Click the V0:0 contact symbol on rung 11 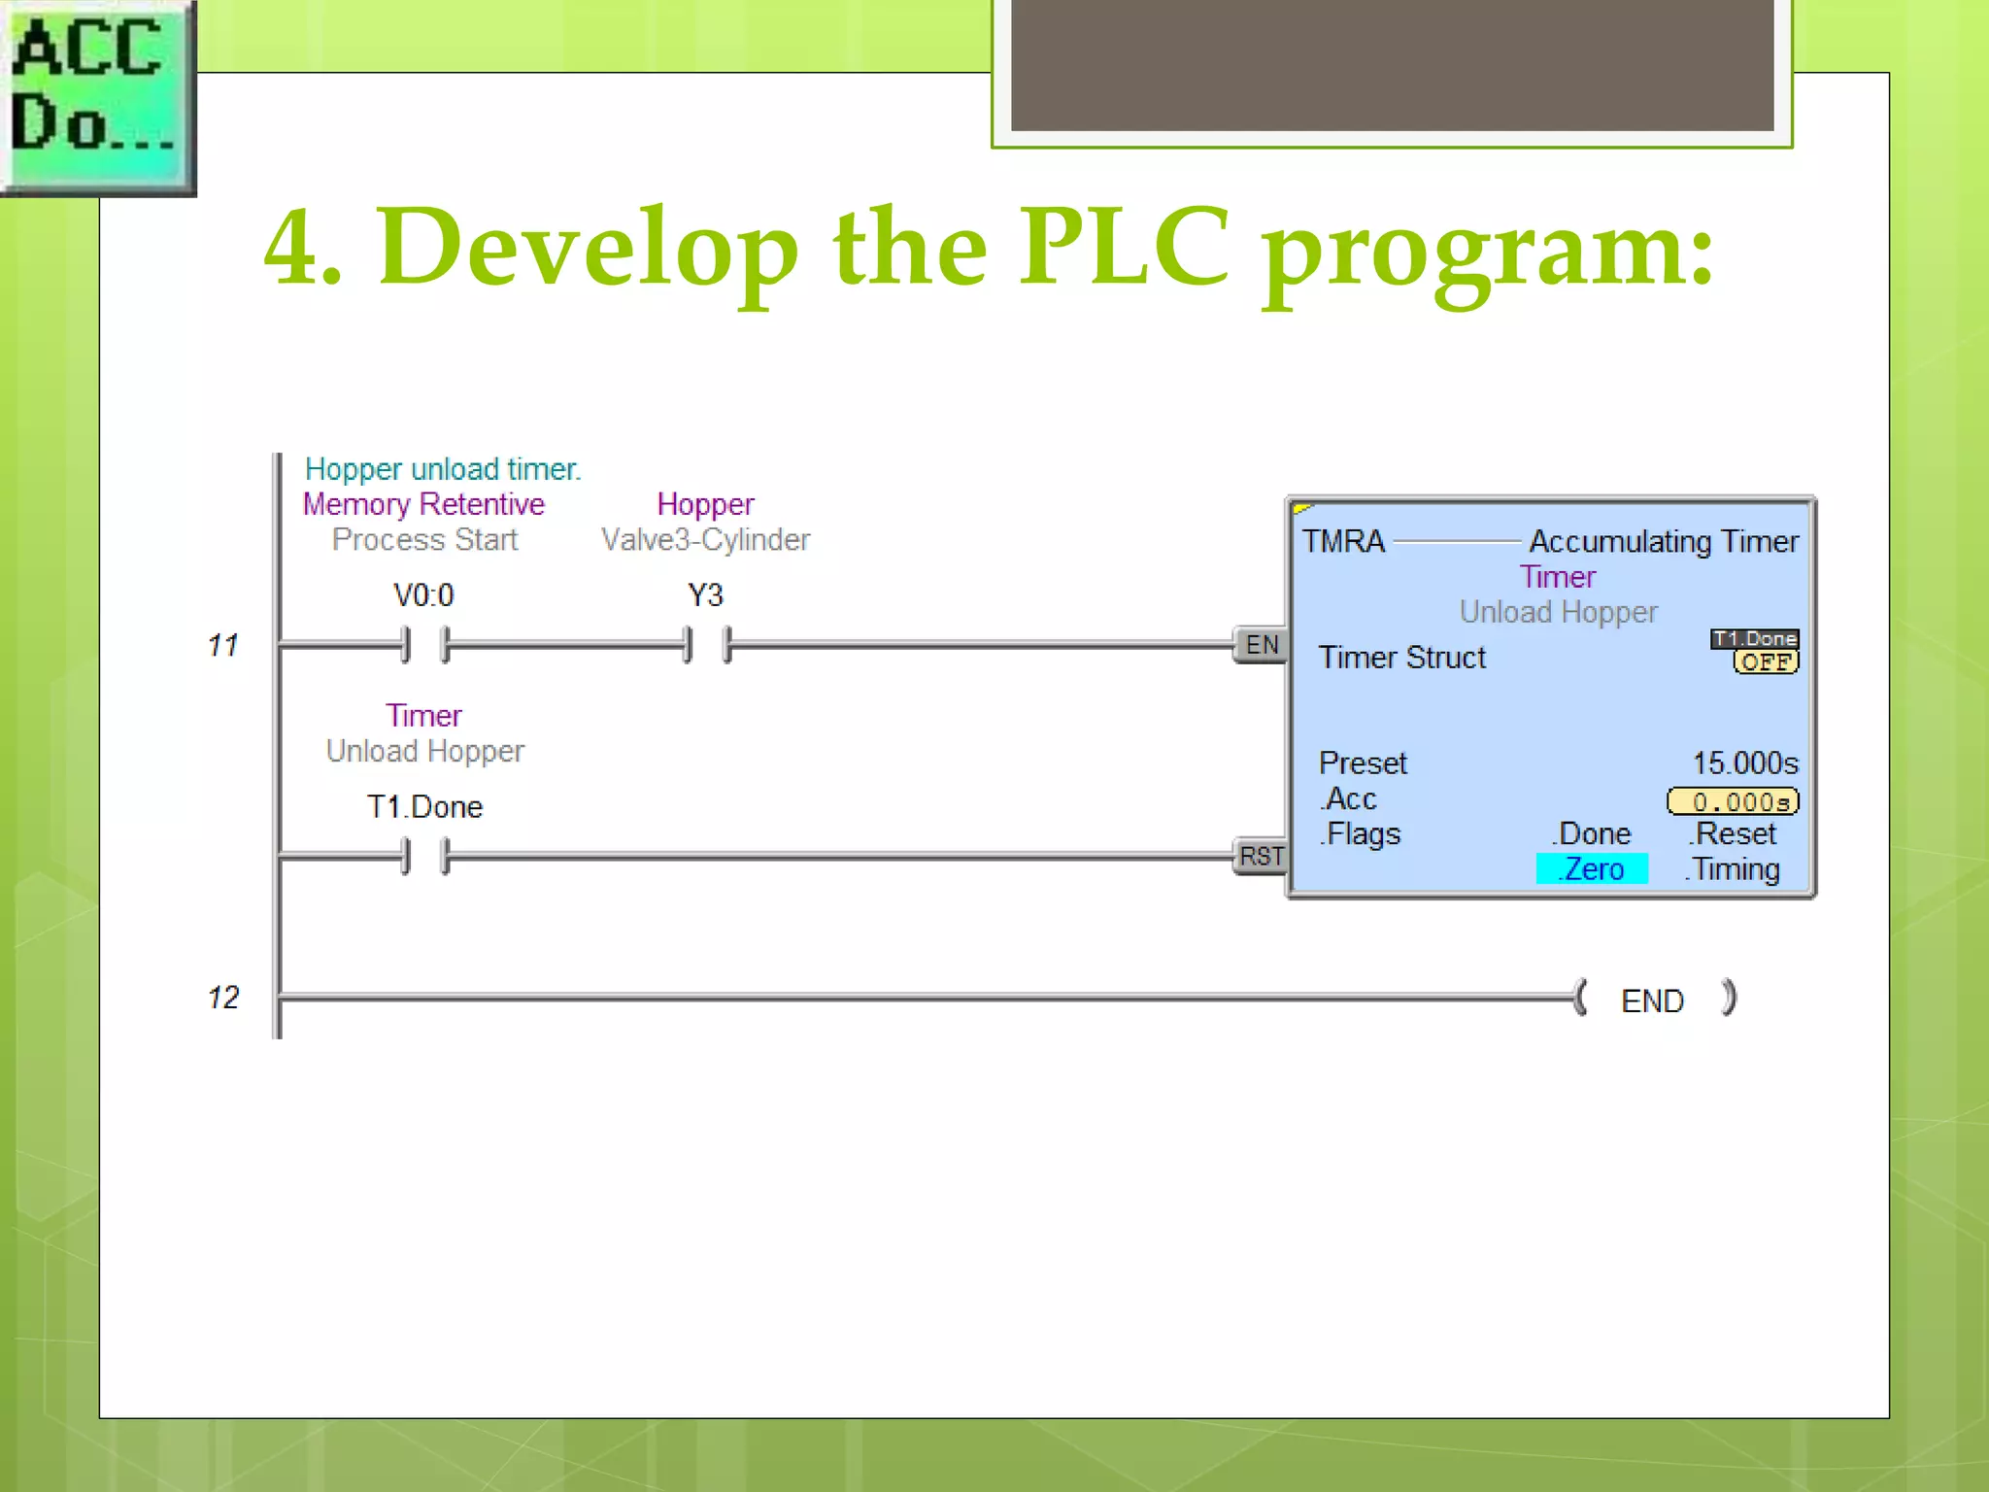[x=424, y=644]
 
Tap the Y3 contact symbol [x=706, y=644]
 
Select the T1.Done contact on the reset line [x=424, y=857]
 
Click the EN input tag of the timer [x=1261, y=645]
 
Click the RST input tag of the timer [x=1261, y=857]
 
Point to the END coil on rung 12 [x=1653, y=1000]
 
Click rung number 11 [x=222, y=645]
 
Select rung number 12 [x=222, y=998]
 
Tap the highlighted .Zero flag [x=1592, y=869]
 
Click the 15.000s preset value [x=1745, y=763]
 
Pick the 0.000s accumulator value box [x=1734, y=801]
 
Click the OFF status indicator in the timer [x=1766, y=662]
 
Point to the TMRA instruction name [x=1343, y=541]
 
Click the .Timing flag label [x=1734, y=869]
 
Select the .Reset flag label [x=1734, y=834]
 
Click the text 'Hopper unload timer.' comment [x=443, y=469]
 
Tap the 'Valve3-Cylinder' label [x=706, y=540]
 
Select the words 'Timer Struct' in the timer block [x=1401, y=658]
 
